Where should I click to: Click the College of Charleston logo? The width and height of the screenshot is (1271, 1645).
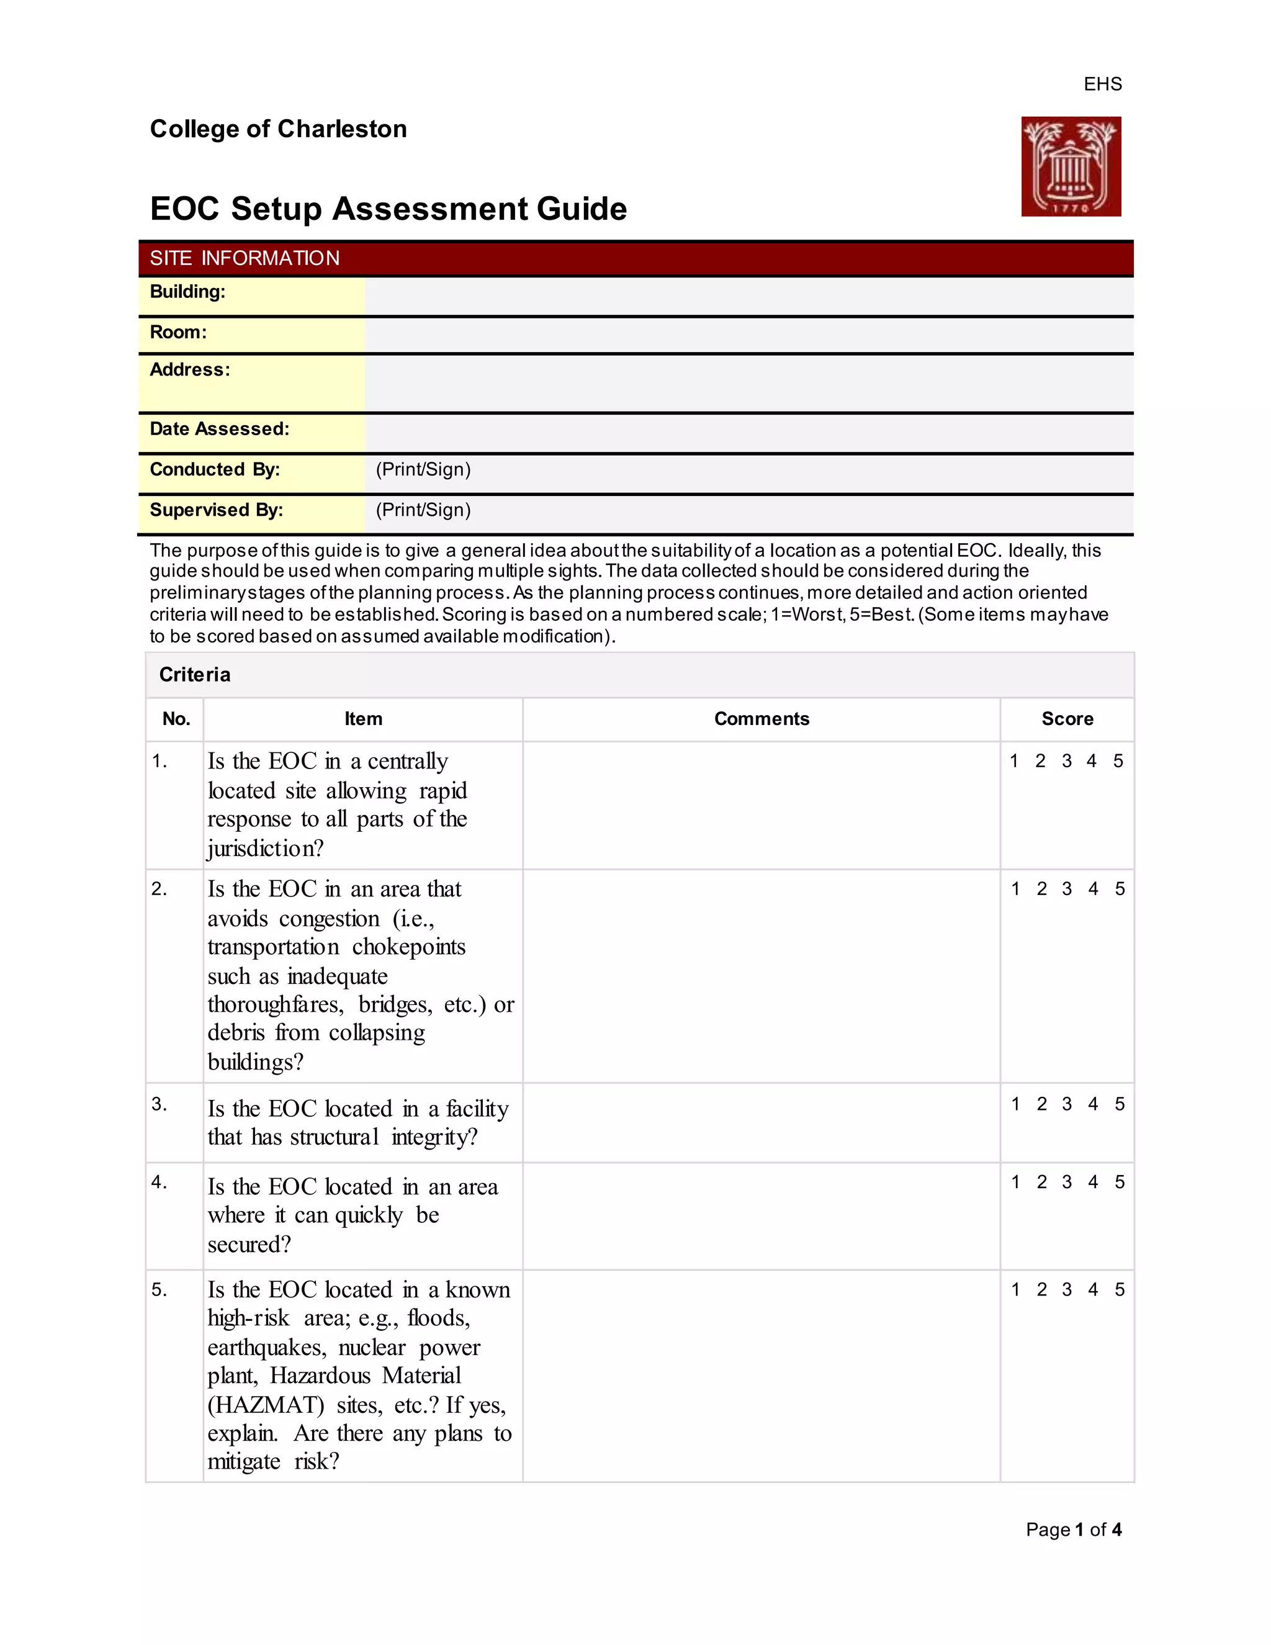tap(1070, 166)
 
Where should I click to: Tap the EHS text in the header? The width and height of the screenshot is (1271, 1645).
tap(1102, 84)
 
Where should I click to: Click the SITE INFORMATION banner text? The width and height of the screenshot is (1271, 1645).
tap(245, 258)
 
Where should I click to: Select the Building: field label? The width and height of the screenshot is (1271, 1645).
tap(187, 292)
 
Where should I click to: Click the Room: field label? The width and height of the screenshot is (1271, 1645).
tap(177, 332)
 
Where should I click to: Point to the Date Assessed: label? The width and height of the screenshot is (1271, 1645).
tap(219, 428)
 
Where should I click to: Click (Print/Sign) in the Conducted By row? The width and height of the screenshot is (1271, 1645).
tap(423, 469)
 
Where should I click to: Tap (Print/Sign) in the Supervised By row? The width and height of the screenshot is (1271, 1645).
tap(423, 510)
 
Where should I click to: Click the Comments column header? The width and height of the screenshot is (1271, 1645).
tap(761, 719)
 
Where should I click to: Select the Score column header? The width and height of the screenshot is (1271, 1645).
tap(1067, 719)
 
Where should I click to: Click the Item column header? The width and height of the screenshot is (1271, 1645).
tap(363, 719)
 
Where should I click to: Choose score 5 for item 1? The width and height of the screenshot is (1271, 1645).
tap(1118, 761)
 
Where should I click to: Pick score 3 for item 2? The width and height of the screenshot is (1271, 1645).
tap(1067, 889)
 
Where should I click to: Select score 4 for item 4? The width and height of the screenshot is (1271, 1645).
tap(1092, 1182)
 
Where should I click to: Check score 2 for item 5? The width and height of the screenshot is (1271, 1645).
tap(1041, 1289)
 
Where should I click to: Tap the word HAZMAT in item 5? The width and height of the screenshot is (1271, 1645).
tap(266, 1405)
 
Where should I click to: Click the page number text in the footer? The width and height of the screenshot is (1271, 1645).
tap(1073, 1529)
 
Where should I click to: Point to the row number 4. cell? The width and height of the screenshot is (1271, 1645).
tap(159, 1182)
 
